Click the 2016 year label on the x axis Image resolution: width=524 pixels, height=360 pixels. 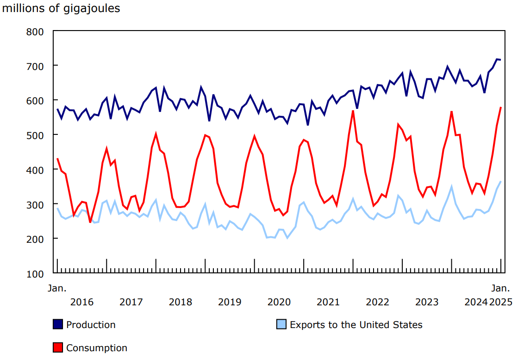(82, 302)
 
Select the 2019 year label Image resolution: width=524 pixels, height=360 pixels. (230, 302)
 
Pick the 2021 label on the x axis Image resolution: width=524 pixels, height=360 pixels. (328, 302)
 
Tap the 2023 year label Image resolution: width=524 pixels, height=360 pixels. (427, 302)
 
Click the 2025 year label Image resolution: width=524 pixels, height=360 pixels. (501, 302)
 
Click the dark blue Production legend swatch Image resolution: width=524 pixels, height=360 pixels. (58, 324)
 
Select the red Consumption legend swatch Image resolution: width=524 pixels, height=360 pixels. (58, 347)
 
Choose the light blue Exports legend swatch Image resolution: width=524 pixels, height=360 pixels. (281, 324)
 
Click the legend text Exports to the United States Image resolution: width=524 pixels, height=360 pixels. (356, 325)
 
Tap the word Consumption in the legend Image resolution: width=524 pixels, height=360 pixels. (97, 348)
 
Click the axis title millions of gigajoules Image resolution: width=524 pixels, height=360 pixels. (61, 8)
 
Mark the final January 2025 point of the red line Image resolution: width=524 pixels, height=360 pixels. (501, 107)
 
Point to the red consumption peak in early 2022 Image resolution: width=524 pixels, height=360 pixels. (353, 111)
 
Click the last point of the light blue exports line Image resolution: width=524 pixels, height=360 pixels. (501, 181)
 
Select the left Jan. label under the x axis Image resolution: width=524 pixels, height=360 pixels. (57, 288)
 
